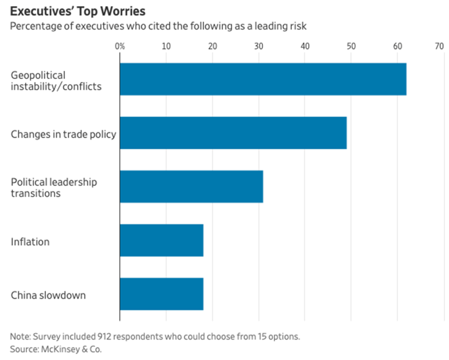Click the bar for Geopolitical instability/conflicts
pyautogui.click(x=263, y=79)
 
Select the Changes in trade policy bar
pyautogui.click(x=233, y=133)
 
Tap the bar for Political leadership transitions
pyautogui.click(x=191, y=187)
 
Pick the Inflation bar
pyautogui.click(x=161, y=240)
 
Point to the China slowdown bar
pyautogui.click(x=161, y=294)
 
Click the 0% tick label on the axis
pyautogui.click(x=119, y=46)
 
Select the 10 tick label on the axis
pyautogui.click(x=166, y=46)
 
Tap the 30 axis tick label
pyautogui.click(x=259, y=46)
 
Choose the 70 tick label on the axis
pyautogui.click(x=439, y=46)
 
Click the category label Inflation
pyautogui.click(x=30, y=242)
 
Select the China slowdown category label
pyautogui.click(x=48, y=295)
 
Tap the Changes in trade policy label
pyautogui.click(x=64, y=134)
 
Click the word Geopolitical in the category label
pyautogui.click(x=38, y=75)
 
